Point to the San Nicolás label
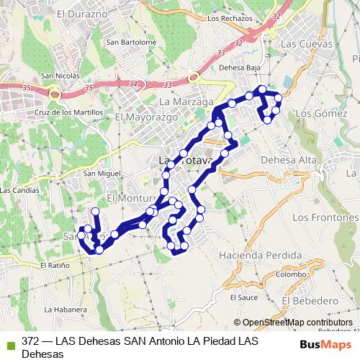[x=60, y=75]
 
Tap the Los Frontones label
[x=322, y=217]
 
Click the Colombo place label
[x=290, y=274]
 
